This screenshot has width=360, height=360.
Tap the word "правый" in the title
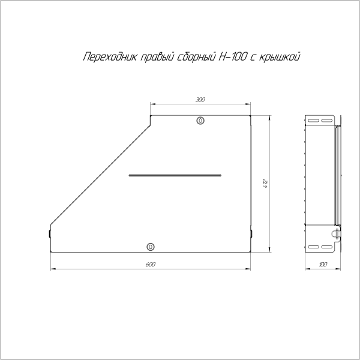pos(157,58)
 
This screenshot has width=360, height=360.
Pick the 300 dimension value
pos(200,100)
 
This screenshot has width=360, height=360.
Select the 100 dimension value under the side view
pos(324,264)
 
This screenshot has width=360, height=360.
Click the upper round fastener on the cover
pos(200,121)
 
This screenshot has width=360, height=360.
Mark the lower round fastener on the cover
pos(150,246)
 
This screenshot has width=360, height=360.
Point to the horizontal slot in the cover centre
pos(175,175)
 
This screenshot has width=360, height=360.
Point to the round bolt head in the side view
pos(337,232)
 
